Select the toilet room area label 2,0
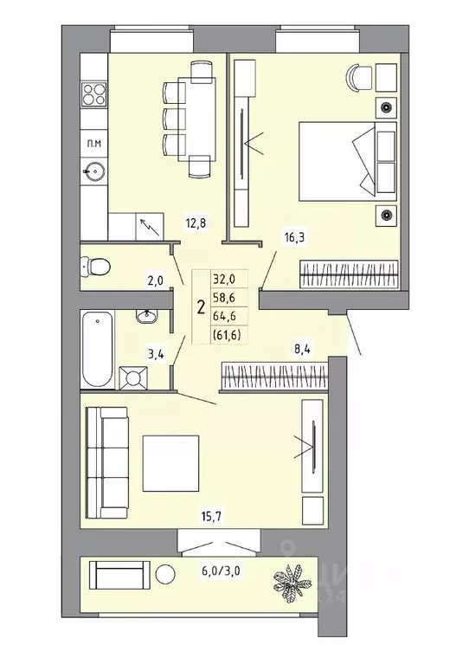click(x=155, y=280)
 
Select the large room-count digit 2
click(x=201, y=306)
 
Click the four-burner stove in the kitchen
click(x=93, y=96)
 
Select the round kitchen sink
click(x=92, y=172)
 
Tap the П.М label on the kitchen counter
click(x=91, y=141)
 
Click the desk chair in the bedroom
click(x=357, y=77)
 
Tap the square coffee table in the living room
click(x=170, y=460)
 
